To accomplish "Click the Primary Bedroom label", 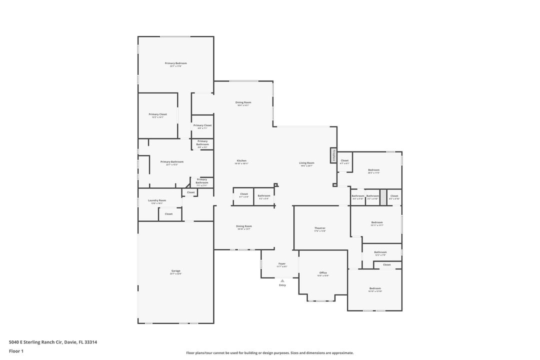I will [x=175, y=63].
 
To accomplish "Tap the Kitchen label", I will [x=241, y=161].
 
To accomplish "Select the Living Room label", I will [x=306, y=163].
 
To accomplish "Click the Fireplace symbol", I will [x=332, y=155].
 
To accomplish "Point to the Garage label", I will [x=175, y=271].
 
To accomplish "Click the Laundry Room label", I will [x=157, y=200].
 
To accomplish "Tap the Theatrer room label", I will [x=320, y=228].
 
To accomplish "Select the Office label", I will [x=323, y=273].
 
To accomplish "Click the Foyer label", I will [x=282, y=263].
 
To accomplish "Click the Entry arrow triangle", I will [x=282, y=280].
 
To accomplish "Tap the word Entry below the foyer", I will [x=282, y=285].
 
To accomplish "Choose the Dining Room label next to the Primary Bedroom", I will [x=243, y=102].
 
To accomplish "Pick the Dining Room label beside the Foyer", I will [x=244, y=226].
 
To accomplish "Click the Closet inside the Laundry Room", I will [x=169, y=214].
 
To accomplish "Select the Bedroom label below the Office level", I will [x=375, y=288].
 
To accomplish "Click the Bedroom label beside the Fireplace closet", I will [x=374, y=170].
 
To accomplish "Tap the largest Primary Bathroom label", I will [x=172, y=162].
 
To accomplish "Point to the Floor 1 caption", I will [x=16, y=351].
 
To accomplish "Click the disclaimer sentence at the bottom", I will [x=269, y=353].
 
